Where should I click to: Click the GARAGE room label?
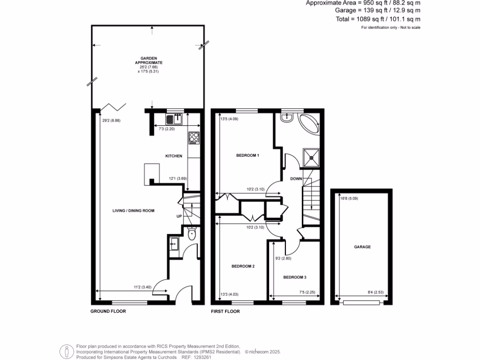pyautogui.click(x=362, y=247)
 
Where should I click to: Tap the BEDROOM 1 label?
pyautogui.click(x=248, y=155)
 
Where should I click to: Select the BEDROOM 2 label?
pyautogui.click(x=243, y=266)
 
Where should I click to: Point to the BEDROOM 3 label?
pyautogui.click(x=294, y=277)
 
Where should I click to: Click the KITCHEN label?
pyautogui.click(x=173, y=156)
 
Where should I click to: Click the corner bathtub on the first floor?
pyautogui.click(x=310, y=123)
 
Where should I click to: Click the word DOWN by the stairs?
pyautogui.click(x=296, y=179)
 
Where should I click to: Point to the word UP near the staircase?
pyautogui.click(x=179, y=217)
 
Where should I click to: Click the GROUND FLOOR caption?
pyautogui.click(x=108, y=311)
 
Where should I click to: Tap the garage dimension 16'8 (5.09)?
pyautogui.click(x=349, y=199)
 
